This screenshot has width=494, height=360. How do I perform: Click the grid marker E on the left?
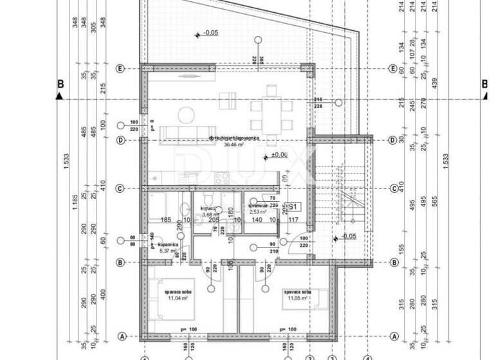120,69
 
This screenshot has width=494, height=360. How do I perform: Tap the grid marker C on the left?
120,188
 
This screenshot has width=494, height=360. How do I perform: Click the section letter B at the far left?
60,84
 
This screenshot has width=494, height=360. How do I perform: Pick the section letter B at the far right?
485,84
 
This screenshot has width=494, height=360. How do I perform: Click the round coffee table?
185,116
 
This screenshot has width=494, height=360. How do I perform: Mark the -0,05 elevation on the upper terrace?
210,32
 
